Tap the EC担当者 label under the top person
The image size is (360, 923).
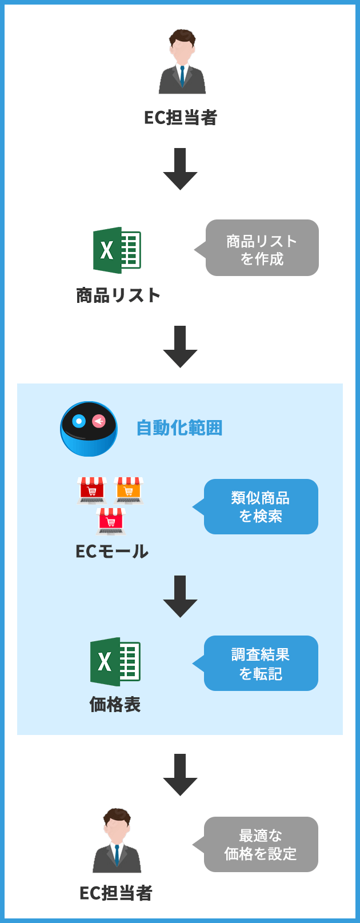point(181,118)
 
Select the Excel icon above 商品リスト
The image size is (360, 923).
point(117,250)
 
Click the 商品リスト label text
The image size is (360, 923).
point(118,295)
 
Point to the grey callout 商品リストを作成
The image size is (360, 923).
point(262,248)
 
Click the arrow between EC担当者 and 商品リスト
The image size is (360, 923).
point(181,169)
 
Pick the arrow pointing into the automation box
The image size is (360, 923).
point(181,346)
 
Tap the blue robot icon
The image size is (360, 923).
point(89,429)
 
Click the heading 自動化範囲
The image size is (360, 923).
point(179,427)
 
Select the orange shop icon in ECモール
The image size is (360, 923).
point(129,490)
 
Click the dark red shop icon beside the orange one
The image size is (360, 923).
point(92,490)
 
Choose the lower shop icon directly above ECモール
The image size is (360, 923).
point(111,521)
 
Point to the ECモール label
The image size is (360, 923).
point(112,551)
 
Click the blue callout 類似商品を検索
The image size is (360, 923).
point(261,507)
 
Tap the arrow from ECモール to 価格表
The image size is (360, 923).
point(181,596)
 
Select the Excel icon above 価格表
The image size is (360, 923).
point(115,661)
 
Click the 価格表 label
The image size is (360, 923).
point(115,704)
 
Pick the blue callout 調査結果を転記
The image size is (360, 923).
point(261,664)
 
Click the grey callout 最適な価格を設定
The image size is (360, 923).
point(261,844)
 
